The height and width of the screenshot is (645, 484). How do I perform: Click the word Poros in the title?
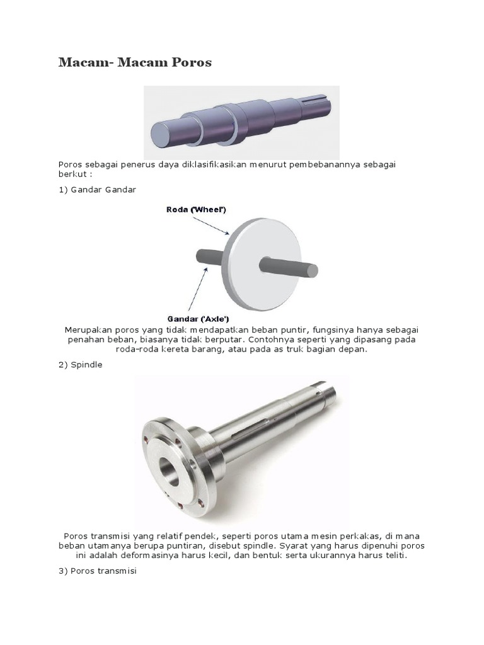click(192, 62)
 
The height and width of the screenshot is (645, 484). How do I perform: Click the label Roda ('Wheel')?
click(197, 210)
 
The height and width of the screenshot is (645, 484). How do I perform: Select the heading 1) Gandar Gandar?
click(97, 190)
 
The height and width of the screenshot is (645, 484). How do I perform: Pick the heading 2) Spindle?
click(80, 365)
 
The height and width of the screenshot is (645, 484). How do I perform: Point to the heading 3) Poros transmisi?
click(98, 571)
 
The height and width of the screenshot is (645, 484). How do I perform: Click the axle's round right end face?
click(313, 270)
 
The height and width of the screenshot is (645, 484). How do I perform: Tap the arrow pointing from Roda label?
click(210, 225)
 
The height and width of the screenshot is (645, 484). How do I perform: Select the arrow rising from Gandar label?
click(198, 288)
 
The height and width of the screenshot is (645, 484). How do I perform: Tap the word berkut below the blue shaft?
click(73, 174)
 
